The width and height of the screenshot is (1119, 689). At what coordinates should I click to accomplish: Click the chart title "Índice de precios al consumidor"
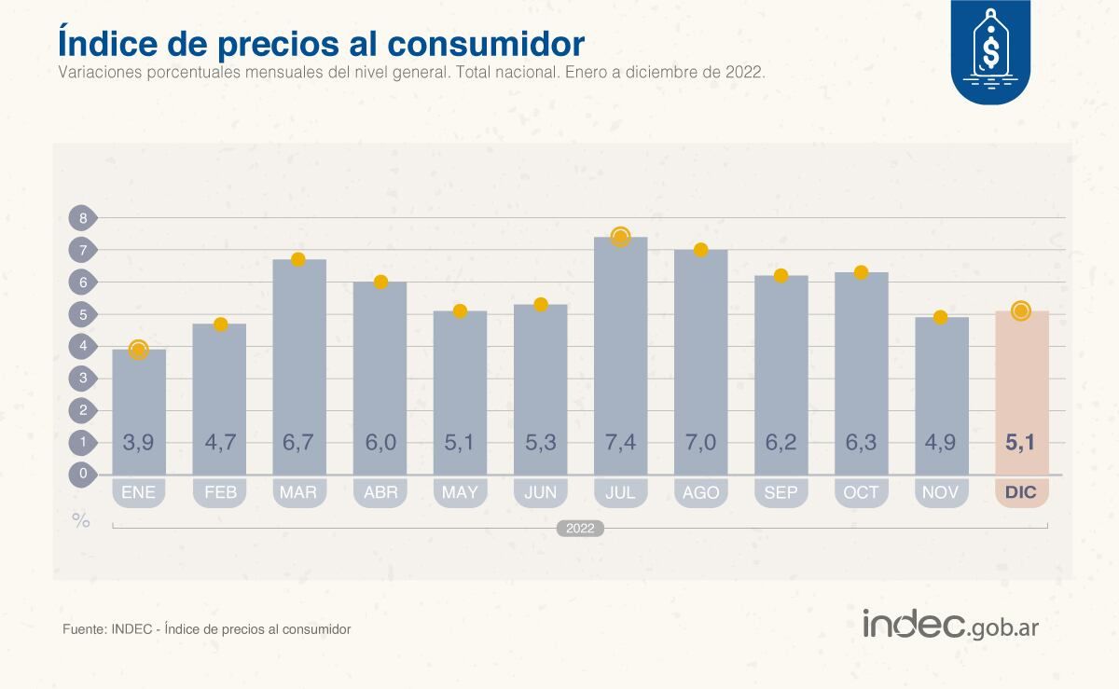click(x=321, y=43)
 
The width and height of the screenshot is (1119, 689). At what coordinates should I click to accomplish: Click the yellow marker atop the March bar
click(x=298, y=259)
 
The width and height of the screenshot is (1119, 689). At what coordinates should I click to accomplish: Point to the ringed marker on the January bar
click(x=138, y=350)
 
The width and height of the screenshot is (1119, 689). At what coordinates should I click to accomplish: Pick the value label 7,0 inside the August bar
click(x=700, y=442)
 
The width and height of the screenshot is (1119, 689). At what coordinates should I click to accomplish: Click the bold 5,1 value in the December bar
click(x=1021, y=442)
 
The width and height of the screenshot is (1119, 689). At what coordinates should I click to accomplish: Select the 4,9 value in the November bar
click(x=941, y=442)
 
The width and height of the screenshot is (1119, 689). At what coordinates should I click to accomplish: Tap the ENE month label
click(x=138, y=492)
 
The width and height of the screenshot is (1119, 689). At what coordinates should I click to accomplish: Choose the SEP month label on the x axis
click(x=781, y=492)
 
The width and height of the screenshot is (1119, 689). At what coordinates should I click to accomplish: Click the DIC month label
click(x=1021, y=492)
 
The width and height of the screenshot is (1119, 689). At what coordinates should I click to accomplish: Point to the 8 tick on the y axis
click(x=82, y=218)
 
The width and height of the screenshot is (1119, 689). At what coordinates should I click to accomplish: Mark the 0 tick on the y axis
click(x=82, y=474)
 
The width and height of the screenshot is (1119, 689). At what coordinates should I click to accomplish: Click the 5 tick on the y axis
click(x=82, y=314)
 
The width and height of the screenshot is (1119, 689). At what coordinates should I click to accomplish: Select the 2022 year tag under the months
click(x=580, y=529)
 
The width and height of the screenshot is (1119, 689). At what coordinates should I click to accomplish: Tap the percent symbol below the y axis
click(x=81, y=521)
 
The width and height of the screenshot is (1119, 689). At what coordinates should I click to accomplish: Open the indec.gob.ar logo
click(x=949, y=625)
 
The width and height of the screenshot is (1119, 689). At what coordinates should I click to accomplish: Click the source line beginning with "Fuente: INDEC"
click(x=206, y=629)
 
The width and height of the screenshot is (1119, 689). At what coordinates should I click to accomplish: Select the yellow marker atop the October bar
click(x=861, y=272)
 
